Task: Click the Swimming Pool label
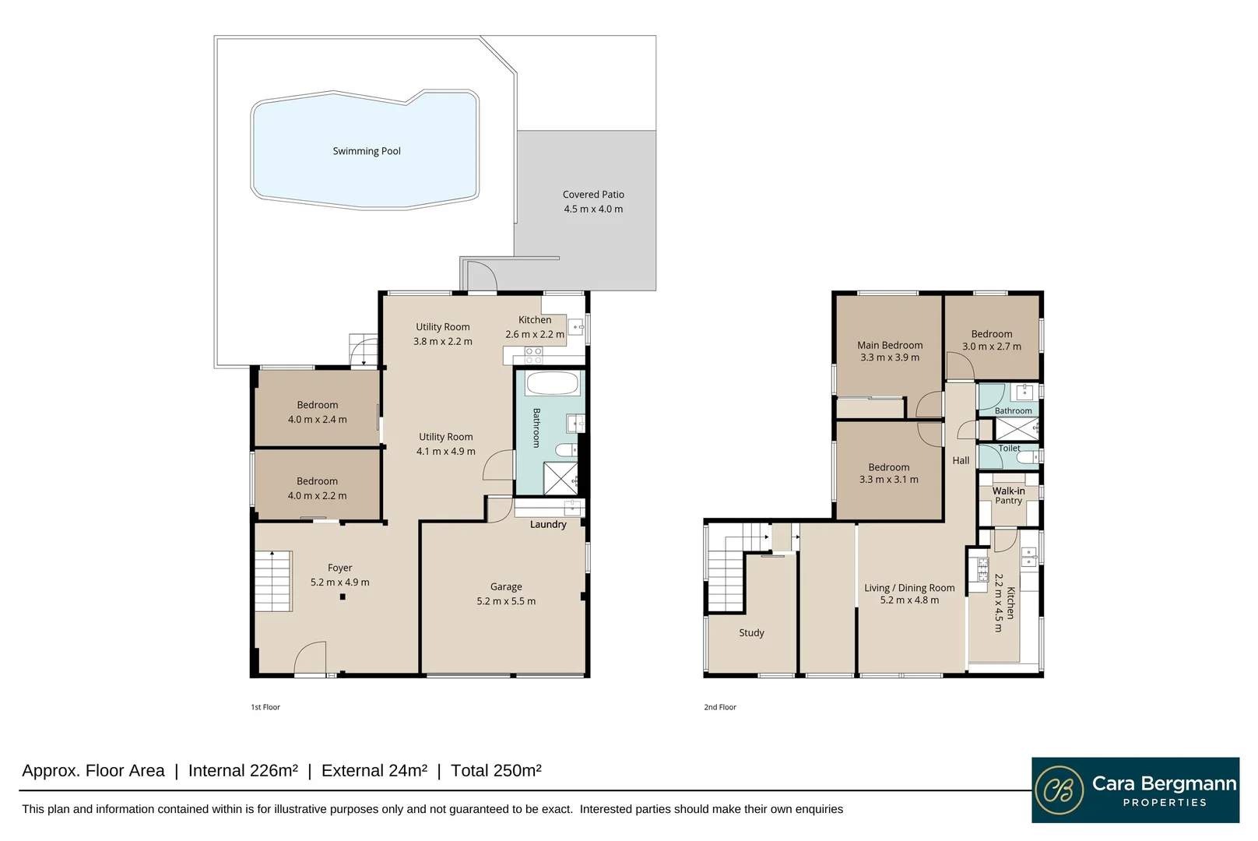point(367,151)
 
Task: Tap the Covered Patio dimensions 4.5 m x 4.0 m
point(594,209)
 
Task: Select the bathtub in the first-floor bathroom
point(553,384)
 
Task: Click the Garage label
point(506,587)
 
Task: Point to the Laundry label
point(548,524)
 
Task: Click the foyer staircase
point(273,581)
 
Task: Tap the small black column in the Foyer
point(343,596)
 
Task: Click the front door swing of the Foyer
point(310,658)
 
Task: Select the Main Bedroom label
point(890,346)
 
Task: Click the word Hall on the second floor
point(961,461)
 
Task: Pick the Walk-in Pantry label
point(1009,495)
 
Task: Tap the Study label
point(751,633)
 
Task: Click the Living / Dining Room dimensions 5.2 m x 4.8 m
point(909,600)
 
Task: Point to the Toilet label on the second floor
point(1009,449)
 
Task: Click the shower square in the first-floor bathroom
point(560,479)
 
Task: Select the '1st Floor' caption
point(265,707)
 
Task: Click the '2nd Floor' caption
point(720,707)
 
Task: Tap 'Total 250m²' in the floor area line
point(496,770)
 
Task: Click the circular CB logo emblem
point(1059,790)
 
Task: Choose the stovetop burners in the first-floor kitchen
point(533,356)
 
